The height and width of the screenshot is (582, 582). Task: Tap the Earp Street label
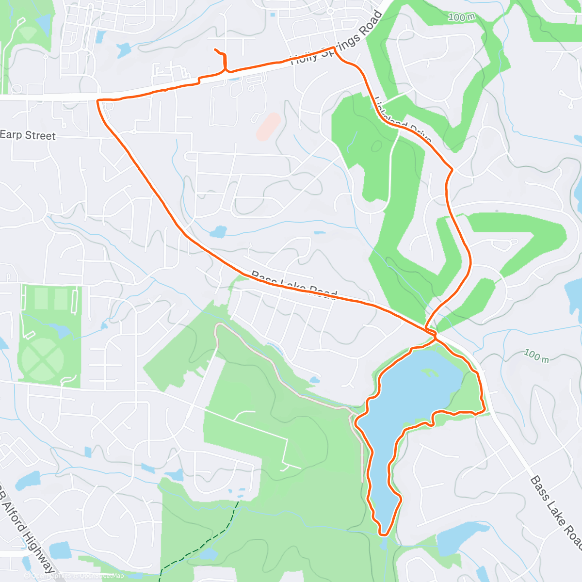(28, 135)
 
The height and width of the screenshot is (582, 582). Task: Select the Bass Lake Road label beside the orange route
(294, 285)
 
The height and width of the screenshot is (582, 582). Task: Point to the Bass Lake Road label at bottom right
(555, 514)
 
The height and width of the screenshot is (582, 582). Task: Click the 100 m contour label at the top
(461, 17)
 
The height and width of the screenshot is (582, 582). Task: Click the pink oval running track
(268, 127)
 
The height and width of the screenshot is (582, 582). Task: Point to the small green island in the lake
(429, 373)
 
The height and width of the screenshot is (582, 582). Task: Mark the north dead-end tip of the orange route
(215, 49)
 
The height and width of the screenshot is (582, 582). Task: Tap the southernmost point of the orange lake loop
(384, 534)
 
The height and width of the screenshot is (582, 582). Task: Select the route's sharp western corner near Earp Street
(98, 101)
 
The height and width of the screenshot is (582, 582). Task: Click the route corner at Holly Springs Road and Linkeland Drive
(334, 48)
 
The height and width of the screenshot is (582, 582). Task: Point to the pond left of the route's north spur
(123, 49)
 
